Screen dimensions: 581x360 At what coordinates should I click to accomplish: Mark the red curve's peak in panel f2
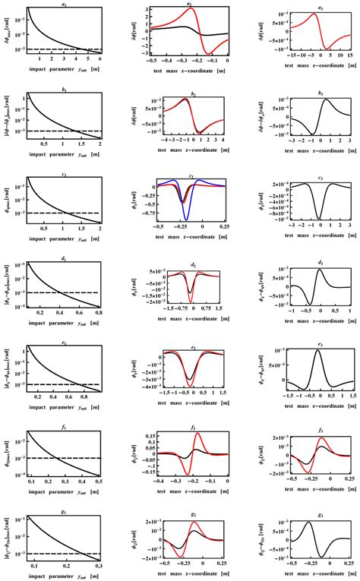pyautogui.click(x=198, y=434)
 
